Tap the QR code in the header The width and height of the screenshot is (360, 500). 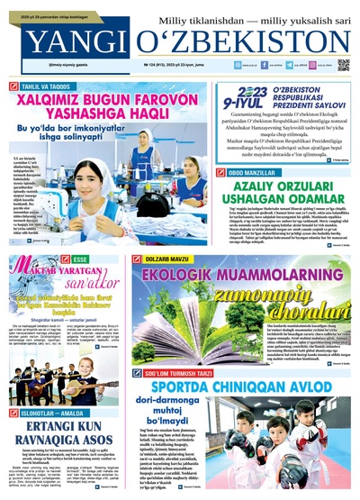[x=343, y=65]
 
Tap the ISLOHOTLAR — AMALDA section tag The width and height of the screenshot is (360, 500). [x=54, y=386]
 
